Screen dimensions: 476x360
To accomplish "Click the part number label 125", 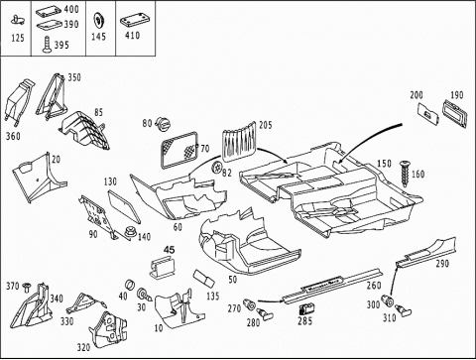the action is coord(18,38).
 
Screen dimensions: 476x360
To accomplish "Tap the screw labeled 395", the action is coord(47,45).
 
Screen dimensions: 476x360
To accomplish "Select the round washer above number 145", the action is coord(98,22).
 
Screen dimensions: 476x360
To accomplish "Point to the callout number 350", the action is coord(74,77).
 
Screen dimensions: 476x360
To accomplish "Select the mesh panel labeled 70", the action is coord(178,149).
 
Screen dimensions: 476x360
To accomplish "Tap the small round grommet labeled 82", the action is coord(216,168).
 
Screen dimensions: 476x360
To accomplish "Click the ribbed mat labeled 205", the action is coord(239,141).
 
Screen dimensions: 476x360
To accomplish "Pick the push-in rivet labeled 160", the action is coord(405,175).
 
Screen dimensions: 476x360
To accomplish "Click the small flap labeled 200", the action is coord(428,114).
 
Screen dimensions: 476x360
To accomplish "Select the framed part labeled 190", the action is coord(455,113).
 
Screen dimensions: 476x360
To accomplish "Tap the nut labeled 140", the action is coord(131,232).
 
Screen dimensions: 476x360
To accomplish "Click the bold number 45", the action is coord(169,250).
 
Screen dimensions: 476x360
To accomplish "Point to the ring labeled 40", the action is coord(130,285).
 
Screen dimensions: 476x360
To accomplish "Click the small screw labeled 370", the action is coord(26,287).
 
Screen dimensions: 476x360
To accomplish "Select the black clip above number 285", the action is coord(306,308).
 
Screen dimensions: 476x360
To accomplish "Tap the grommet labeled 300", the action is coord(387,300).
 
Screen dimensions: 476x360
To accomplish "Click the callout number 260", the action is coord(374,285).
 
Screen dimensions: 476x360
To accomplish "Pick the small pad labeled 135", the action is coord(204,278).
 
